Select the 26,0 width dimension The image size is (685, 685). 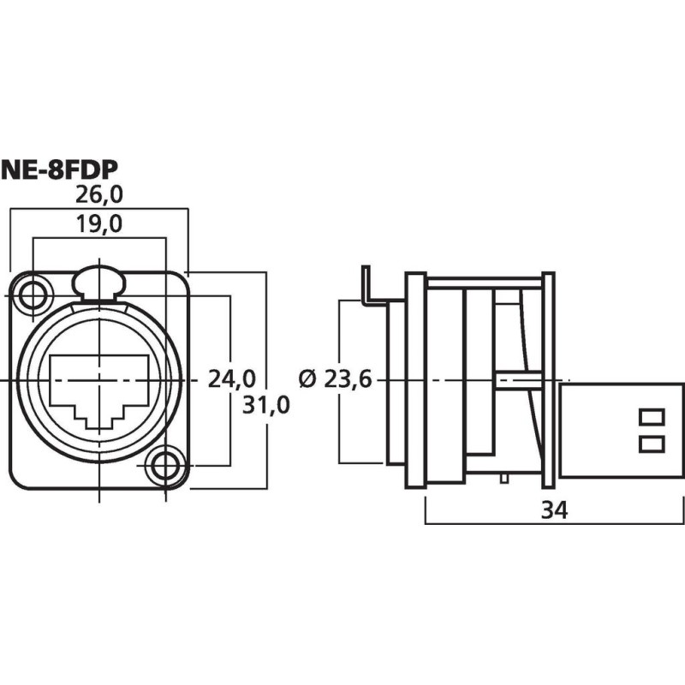[99, 195]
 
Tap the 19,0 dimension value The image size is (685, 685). [99, 225]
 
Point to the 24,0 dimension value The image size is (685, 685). [232, 378]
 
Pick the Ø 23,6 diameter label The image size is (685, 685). [336, 378]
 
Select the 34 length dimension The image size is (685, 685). [555, 510]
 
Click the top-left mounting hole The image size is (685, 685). [33, 295]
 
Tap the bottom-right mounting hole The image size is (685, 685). [164, 467]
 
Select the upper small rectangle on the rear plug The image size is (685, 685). [652, 418]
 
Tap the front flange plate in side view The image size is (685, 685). [415, 380]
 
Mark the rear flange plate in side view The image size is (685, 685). [549, 380]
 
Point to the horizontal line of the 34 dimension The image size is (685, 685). [479, 522]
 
